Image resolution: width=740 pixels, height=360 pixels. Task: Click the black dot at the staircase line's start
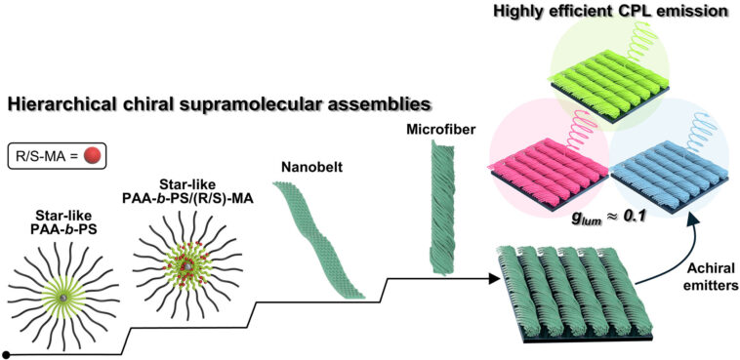[8, 353]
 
